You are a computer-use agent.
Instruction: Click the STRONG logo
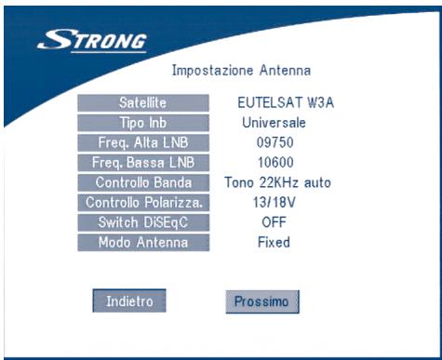92,41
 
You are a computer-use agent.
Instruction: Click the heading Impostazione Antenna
242,70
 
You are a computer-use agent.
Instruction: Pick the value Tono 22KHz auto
277,182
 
